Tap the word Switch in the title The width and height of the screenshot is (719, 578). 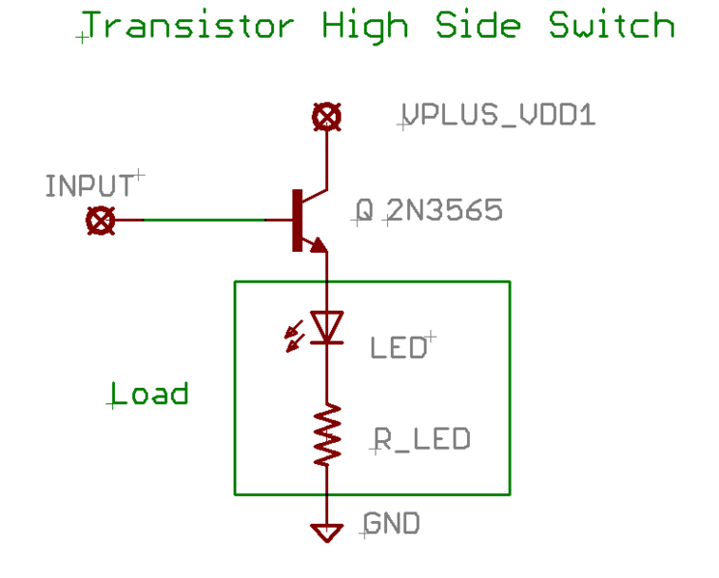click(612, 26)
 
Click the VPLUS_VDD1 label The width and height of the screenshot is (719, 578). click(498, 117)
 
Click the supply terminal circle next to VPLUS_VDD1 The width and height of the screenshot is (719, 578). click(327, 118)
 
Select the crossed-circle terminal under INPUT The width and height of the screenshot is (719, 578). click(99, 221)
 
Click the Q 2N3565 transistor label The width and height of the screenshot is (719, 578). click(429, 210)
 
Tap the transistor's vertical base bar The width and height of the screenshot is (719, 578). click(294, 220)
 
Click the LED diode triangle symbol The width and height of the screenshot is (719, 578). click(328, 327)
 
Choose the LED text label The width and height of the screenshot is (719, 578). click(399, 347)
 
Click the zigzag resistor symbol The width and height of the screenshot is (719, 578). click(328, 433)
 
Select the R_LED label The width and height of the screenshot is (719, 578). click(422, 440)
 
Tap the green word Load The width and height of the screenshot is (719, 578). click(149, 394)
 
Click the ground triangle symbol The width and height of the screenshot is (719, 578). click(327, 532)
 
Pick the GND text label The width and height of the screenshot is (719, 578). click(392, 524)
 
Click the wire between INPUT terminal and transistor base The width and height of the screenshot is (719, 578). click(203, 220)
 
